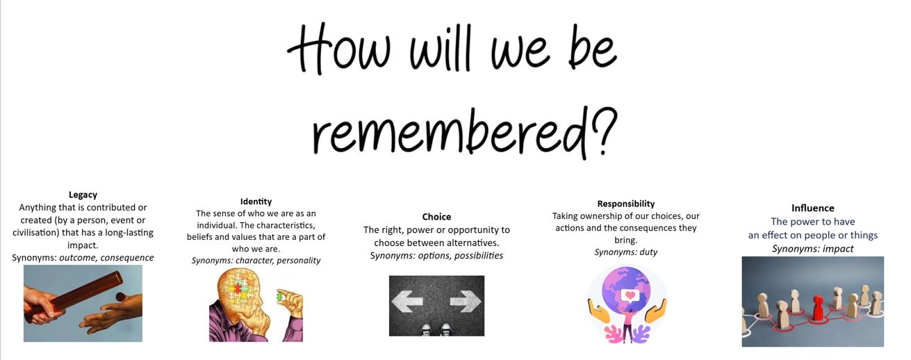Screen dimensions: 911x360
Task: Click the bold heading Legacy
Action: click(83, 195)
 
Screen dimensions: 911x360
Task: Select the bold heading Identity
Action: click(256, 202)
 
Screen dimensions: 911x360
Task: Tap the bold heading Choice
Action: click(436, 217)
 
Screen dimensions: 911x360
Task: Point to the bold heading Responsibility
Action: click(626, 204)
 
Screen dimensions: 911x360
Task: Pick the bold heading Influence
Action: click(812, 208)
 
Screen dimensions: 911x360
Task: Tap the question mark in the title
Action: click(604, 130)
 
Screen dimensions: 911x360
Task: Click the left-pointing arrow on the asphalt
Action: click(407, 302)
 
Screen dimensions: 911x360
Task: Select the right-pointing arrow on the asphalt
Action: click(466, 302)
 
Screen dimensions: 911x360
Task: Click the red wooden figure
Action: click(817, 309)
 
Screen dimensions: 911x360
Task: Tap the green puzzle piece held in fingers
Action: click(280, 296)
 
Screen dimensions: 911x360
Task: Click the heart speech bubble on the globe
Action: click(630, 295)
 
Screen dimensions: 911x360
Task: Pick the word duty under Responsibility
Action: click(648, 252)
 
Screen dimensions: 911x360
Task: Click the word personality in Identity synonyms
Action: click(299, 261)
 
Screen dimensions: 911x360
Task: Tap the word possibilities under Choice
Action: click(479, 256)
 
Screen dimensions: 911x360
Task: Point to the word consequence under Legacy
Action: click(127, 258)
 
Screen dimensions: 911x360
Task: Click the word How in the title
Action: click(340, 49)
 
